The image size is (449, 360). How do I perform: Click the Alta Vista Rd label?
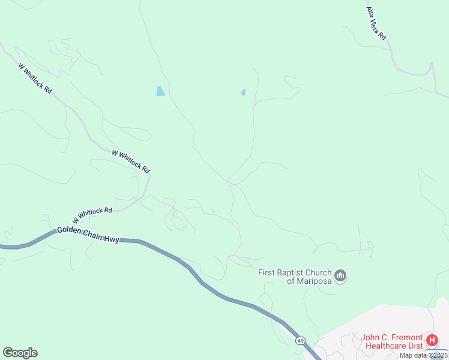click(376, 23)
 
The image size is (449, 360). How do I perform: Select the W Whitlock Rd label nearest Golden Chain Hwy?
click(93, 214)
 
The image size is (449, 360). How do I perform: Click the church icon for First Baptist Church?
click(341, 276)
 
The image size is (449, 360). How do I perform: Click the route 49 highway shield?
click(300, 341)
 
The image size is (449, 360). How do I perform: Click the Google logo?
click(20, 353)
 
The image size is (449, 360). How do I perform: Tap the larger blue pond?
click(160, 91)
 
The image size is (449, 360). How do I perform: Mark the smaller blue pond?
click(243, 92)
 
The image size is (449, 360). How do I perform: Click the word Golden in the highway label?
click(69, 232)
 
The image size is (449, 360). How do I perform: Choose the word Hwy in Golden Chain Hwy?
click(111, 238)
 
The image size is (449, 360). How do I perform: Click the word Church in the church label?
click(319, 272)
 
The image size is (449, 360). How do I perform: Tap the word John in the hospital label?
click(370, 337)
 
